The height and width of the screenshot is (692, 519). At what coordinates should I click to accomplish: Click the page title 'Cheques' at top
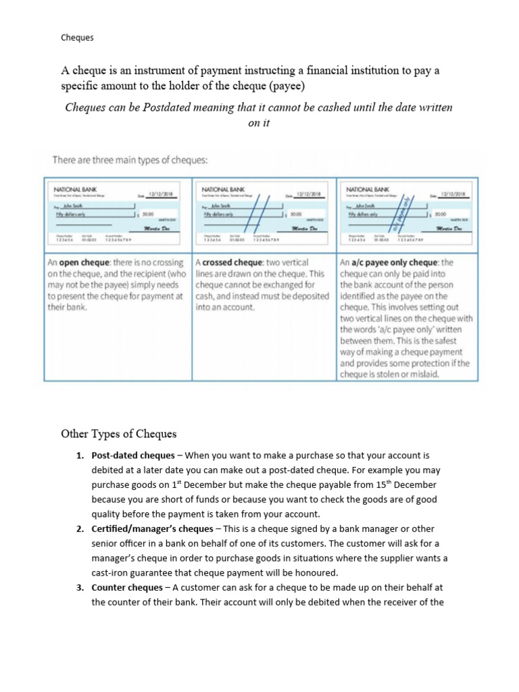(x=77, y=38)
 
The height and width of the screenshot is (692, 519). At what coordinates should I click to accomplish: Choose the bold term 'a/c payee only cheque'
(x=395, y=262)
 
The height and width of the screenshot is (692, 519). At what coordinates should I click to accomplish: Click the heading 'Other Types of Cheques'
(x=119, y=433)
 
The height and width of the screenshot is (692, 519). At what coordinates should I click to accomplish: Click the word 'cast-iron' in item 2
(x=112, y=572)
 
